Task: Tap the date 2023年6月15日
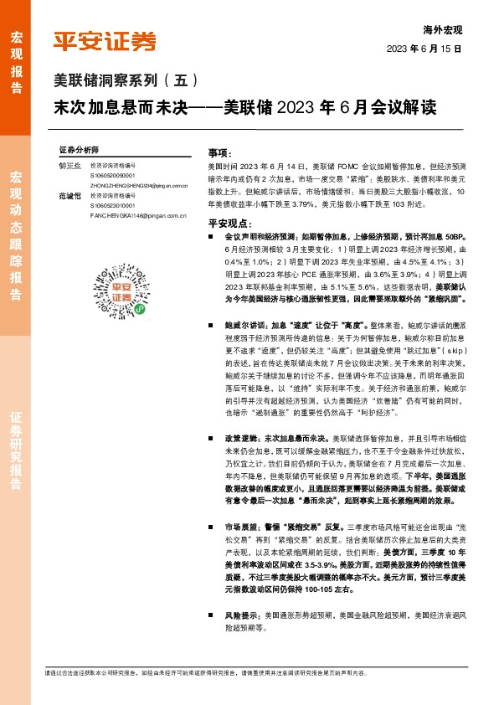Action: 424,49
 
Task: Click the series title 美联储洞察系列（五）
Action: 120,81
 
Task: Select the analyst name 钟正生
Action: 69,166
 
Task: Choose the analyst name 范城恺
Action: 69,196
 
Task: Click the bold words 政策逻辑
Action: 240,438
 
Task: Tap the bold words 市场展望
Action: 240,527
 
